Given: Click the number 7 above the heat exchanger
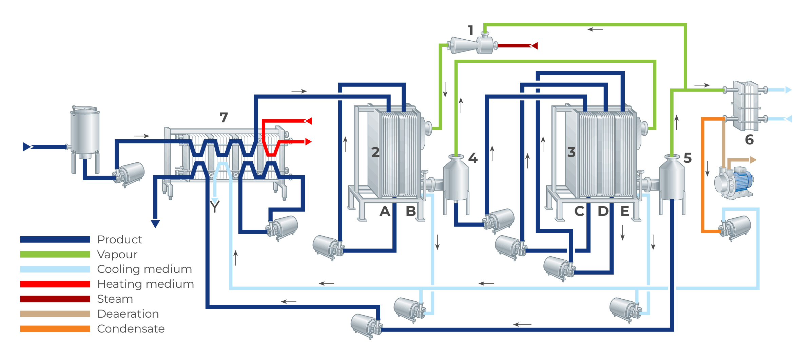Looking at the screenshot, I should point(224,118).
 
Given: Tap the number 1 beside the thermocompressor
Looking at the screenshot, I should point(471,31).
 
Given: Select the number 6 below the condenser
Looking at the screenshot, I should point(749,140).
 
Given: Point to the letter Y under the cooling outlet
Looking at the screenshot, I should point(215,206).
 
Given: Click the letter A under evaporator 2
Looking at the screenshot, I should point(385,211).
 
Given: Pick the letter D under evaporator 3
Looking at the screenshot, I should point(603,211).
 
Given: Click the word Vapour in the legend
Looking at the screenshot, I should point(117,254).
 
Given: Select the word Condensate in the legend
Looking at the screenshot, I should point(131,329).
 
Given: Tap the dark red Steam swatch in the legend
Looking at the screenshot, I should point(55,299).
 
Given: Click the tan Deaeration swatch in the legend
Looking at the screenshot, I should point(55,314).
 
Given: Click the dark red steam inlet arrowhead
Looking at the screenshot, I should point(535,45).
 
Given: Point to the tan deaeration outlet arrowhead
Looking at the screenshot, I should point(753,160).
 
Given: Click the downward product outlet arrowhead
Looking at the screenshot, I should point(155,224).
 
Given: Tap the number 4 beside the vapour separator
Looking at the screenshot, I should point(473,158).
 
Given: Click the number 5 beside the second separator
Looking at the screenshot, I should point(688,158).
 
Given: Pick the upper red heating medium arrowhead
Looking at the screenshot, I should point(308,121).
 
